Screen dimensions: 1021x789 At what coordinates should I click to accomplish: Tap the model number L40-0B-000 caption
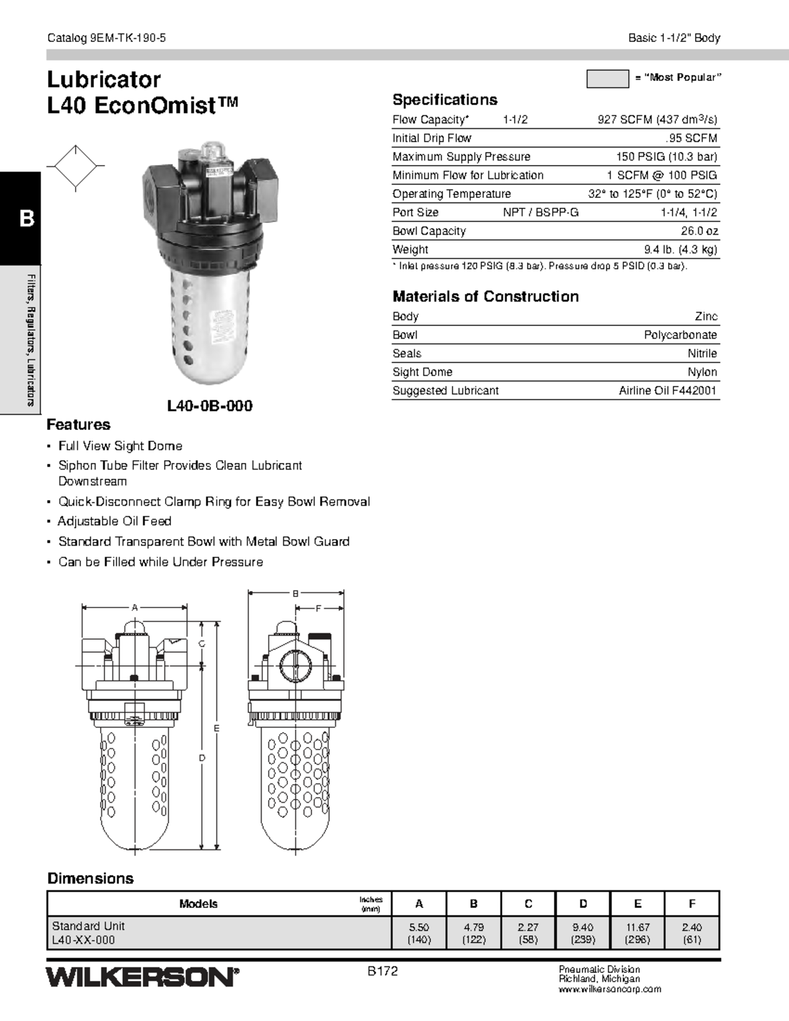[210, 406]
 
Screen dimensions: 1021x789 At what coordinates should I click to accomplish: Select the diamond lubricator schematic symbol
[76, 167]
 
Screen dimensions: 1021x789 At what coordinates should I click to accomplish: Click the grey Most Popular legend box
[607, 79]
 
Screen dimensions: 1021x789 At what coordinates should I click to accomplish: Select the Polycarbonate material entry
[680, 335]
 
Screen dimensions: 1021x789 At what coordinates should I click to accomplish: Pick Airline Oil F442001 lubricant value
[667, 391]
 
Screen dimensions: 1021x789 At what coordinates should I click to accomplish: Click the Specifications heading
[444, 100]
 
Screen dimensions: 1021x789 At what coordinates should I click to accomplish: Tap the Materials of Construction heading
[485, 297]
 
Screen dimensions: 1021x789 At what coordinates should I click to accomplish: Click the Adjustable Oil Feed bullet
[114, 521]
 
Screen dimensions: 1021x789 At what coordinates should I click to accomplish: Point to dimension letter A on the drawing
[135, 607]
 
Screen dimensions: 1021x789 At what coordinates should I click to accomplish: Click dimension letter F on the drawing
[318, 609]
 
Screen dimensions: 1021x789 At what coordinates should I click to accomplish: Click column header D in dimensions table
[583, 903]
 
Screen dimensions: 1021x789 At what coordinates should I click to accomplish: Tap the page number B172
[383, 971]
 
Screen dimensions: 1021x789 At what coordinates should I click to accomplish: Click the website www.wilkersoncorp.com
[610, 989]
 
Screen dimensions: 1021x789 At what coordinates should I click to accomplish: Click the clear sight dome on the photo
[214, 151]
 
